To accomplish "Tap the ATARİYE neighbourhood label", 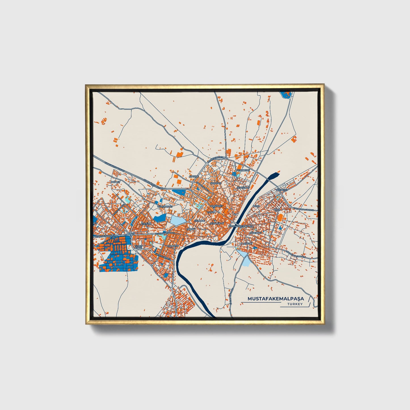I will pos(195,176).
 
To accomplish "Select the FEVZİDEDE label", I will pos(243,170).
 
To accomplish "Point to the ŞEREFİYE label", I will pos(216,183).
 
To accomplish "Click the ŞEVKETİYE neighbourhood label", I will pos(243,188).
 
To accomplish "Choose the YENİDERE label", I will pos(281,190).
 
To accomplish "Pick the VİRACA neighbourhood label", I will pos(211,212).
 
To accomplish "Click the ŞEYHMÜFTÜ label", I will pos(217,224).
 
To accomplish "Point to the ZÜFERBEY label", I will pos(255,233).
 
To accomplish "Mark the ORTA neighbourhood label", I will pos(277,210).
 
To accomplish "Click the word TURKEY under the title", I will pos(295,304).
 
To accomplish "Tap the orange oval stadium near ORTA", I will pos(280,218).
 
